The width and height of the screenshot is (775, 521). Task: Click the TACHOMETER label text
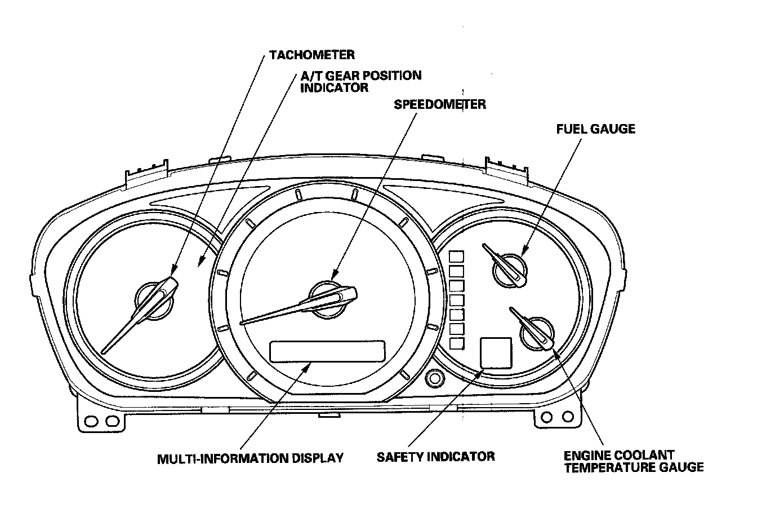coord(312,55)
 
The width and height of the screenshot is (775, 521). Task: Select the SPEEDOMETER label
coord(440,104)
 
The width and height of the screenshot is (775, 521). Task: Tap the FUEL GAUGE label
coord(595,129)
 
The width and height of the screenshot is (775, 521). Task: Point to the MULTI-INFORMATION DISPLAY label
coord(250,458)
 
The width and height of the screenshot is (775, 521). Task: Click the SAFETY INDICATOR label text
coord(435,457)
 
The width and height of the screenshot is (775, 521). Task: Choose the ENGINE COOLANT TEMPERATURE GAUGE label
coord(634,461)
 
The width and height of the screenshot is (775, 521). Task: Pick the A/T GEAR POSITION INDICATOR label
coord(360,81)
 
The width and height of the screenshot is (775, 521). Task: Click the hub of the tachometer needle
coord(154,301)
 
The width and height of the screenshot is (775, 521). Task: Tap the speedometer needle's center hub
coord(327,299)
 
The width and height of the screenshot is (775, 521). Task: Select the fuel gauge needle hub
coord(509,271)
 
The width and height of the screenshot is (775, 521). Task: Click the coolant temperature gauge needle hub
coord(537,334)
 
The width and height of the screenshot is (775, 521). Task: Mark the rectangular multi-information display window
coord(327,351)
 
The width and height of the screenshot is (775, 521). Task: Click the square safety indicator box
coord(496,353)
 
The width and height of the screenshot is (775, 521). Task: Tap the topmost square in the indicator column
coord(456,257)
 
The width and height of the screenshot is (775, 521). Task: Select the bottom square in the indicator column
coord(456,343)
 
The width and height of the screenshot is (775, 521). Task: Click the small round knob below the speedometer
coord(435,378)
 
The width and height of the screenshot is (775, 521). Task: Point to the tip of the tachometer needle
coord(103,352)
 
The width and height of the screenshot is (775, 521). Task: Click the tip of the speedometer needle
coord(241,324)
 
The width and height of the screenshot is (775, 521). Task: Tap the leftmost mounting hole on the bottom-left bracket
coord(91,421)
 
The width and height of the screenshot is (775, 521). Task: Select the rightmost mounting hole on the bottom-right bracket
coord(568,416)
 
